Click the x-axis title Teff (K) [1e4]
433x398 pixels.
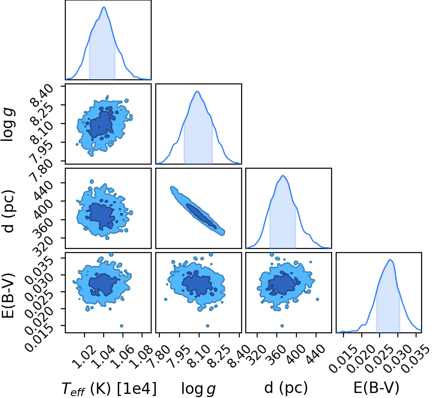pyautogui.click(x=109, y=389)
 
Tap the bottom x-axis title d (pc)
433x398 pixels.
pyautogui.click(x=286, y=388)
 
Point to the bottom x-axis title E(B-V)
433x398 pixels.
pyautogui.click(x=376, y=388)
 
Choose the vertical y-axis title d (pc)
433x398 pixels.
pyautogui.click(x=9, y=211)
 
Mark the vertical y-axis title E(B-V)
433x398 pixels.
pyautogui.click(x=8, y=295)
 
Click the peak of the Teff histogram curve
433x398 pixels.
pyautogui.click(x=104, y=7)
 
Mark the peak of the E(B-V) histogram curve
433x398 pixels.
pyautogui.click(x=390, y=260)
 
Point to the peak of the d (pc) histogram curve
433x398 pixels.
pyautogui.click(x=283, y=176)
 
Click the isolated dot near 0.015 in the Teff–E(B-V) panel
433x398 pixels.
pyautogui.click(x=121, y=326)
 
